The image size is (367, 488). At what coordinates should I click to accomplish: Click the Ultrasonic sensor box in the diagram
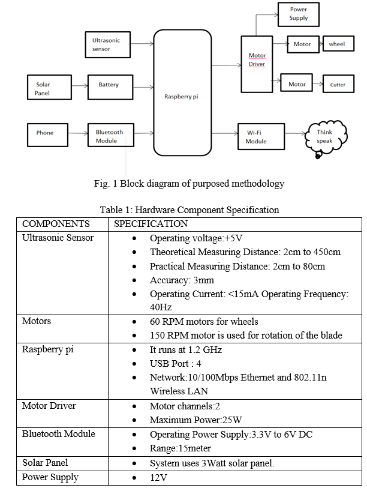(107, 44)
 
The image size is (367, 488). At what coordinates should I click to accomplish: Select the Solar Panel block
(49, 87)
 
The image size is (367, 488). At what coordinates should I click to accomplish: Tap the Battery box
(110, 87)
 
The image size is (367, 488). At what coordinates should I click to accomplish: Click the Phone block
(47, 135)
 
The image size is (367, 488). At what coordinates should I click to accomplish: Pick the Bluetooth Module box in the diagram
(111, 135)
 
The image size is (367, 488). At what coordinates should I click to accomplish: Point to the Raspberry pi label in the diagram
(181, 97)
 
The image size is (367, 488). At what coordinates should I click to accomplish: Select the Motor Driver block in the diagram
(257, 64)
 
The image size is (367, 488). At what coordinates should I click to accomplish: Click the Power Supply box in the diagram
(298, 14)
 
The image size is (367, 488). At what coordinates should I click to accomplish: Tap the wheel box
(338, 44)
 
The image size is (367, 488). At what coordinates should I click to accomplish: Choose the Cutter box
(338, 84)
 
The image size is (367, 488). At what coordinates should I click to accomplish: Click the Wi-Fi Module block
(261, 137)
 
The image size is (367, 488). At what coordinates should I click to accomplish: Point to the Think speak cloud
(326, 137)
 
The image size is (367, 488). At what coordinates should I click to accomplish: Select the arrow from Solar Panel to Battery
(80, 86)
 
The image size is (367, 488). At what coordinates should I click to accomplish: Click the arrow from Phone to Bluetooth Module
(78, 133)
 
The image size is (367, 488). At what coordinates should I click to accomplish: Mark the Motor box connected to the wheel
(303, 44)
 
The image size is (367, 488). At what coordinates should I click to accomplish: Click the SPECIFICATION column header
(151, 224)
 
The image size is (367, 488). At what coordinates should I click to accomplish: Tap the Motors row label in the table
(37, 321)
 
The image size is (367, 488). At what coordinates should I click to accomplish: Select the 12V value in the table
(159, 477)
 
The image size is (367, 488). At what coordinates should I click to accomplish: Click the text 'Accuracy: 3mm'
(182, 280)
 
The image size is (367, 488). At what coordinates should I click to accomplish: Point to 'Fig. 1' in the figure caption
(106, 184)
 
